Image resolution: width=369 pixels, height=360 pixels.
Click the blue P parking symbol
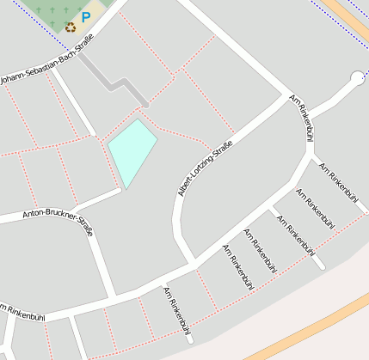(x=85, y=16)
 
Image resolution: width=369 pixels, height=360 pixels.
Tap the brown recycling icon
(x=71, y=27)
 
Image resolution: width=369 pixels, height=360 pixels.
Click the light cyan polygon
(x=132, y=149)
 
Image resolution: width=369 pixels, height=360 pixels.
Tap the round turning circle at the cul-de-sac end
(x=357, y=79)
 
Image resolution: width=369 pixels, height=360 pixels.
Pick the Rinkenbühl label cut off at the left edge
(x=22, y=314)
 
